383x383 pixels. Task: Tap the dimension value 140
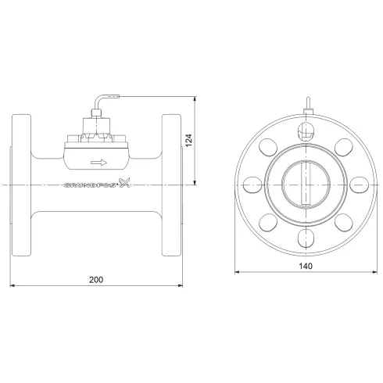[306, 266]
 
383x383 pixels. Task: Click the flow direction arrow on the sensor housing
[98, 163]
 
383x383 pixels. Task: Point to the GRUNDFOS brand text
[88, 186]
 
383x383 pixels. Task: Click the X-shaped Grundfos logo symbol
[123, 184]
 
